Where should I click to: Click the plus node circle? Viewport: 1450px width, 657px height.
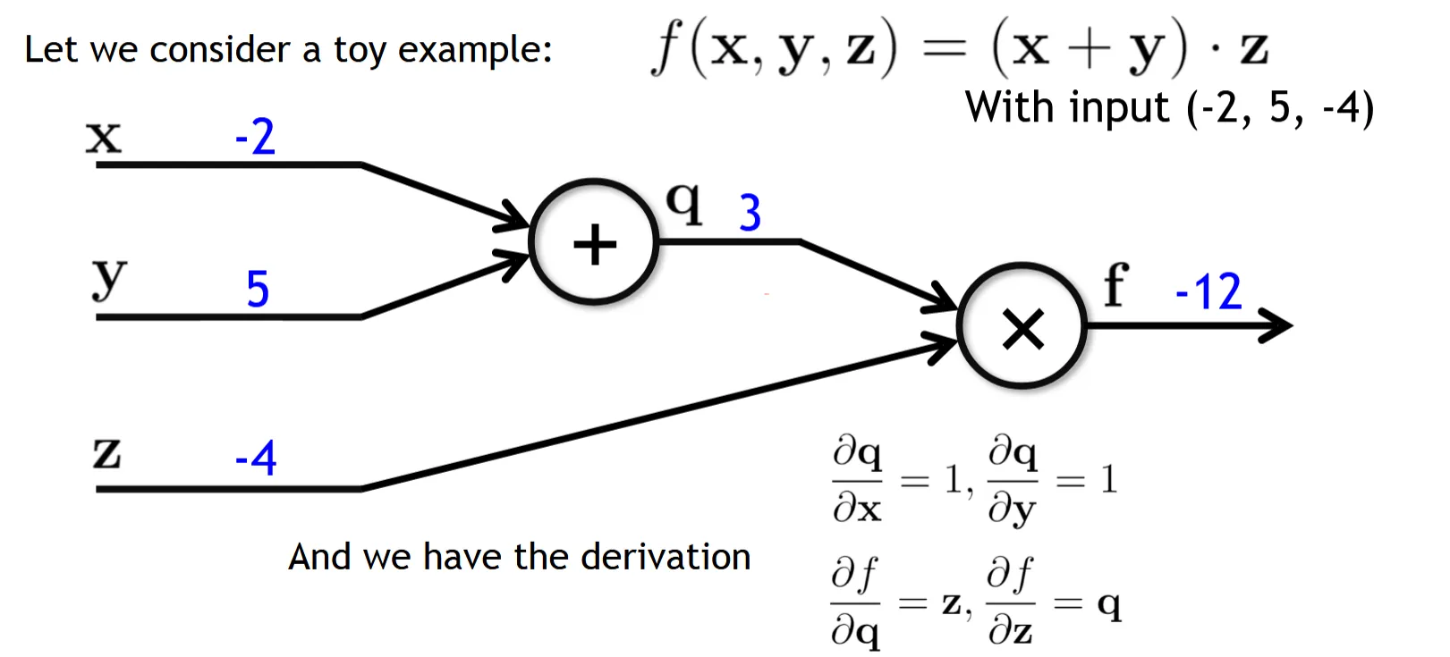594,243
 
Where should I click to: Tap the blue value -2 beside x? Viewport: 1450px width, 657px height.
255,138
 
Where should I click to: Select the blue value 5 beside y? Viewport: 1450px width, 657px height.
258,289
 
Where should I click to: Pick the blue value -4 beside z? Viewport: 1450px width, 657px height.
256,459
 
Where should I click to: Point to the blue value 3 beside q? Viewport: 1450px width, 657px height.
750,214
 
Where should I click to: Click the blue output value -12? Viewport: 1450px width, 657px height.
1208,292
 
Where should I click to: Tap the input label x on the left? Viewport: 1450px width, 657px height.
103,139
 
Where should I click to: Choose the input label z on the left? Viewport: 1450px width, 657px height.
106,452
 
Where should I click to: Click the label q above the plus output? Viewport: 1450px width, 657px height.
684,203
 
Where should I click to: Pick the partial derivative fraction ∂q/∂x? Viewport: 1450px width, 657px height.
857,480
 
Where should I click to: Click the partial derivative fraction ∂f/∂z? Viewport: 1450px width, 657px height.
1011,602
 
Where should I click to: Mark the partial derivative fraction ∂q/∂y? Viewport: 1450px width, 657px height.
1013,480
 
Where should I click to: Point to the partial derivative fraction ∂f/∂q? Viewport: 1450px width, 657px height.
855,602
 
